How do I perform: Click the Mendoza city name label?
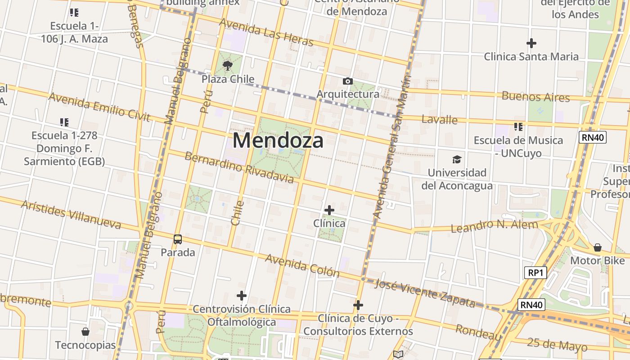278,140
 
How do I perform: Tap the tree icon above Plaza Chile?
228,66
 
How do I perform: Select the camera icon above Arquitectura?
347,81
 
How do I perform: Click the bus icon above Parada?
178,239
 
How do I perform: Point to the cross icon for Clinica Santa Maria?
531,43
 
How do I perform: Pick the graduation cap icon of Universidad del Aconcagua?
457,159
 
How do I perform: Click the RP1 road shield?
535,272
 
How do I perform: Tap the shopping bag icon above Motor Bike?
598,247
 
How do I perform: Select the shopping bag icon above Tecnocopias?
85,332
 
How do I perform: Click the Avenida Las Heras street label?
266,32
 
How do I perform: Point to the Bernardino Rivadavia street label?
239,168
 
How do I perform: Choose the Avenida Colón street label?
302,265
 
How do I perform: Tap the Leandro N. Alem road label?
494,226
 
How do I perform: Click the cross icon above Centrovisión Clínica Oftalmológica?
242,296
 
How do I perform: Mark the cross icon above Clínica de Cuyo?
358,305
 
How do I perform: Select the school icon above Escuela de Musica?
518,127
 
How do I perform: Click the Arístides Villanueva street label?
71,215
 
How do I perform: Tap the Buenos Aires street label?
535,96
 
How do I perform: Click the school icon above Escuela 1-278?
64,122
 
